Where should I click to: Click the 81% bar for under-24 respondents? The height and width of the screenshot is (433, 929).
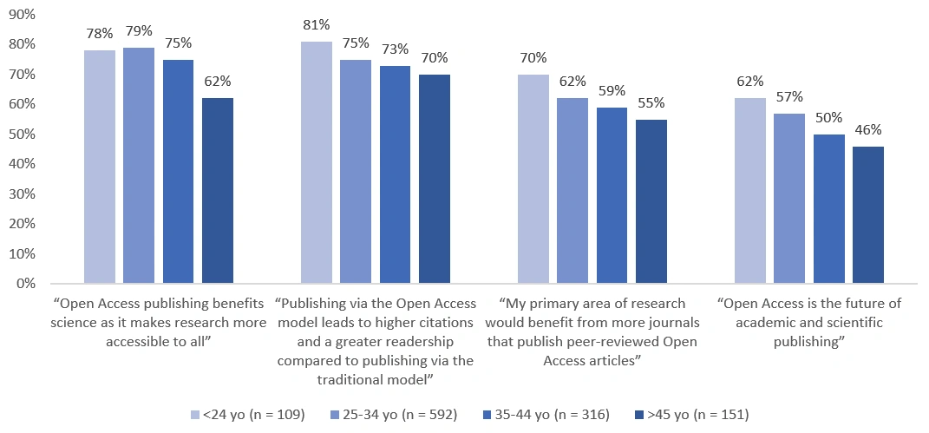tap(317, 162)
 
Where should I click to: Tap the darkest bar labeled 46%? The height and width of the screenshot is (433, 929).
tap(868, 214)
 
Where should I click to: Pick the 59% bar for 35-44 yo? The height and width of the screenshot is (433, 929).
tap(612, 195)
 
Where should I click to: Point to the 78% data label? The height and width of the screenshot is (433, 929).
tap(100, 34)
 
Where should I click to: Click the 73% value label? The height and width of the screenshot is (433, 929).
tap(395, 49)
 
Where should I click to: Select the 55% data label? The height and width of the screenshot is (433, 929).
tap(651, 102)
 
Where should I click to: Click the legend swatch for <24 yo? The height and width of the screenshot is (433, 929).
tap(194, 415)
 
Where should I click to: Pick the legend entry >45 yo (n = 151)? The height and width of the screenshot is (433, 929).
tap(699, 415)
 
